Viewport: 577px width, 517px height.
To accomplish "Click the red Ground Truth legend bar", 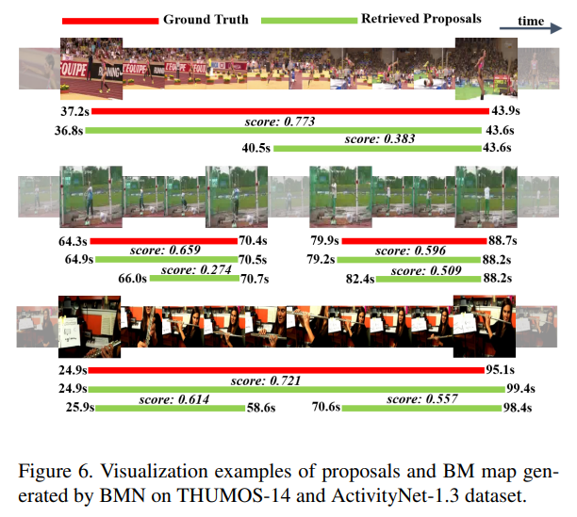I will pyautogui.click(x=108, y=20).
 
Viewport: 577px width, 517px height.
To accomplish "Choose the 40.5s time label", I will pyautogui.click(x=256, y=147).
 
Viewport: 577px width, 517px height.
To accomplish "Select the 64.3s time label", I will pyautogui.click(x=75, y=242).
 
